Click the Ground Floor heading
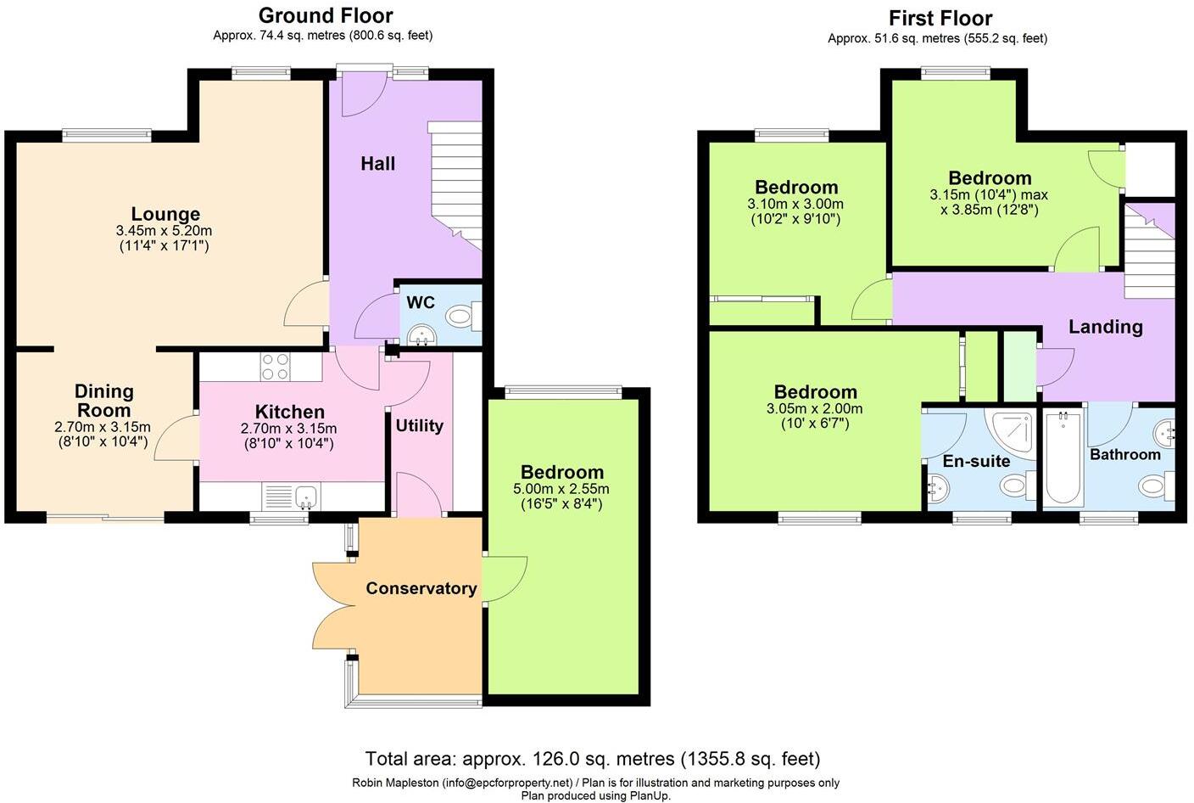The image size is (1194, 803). (x=326, y=15)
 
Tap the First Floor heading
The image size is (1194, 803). (x=940, y=18)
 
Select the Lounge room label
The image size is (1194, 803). (x=165, y=214)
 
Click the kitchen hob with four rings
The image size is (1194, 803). (x=275, y=367)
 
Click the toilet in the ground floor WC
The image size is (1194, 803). (x=461, y=317)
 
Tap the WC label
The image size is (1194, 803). (x=421, y=303)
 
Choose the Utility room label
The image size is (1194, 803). (x=419, y=426)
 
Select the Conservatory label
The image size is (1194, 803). (x=421, y=588)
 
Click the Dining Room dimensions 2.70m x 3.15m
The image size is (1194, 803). (x=103, y=427)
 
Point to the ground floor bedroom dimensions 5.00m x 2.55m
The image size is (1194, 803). (x=561, y=489)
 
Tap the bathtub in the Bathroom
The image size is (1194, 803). (x=1062, y=459)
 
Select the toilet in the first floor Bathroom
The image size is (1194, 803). (x=1153, y=486)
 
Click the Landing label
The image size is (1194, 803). (x=1105, y=327)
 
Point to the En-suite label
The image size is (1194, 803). (x=976, y=461)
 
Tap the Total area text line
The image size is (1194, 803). (x=592, y=758)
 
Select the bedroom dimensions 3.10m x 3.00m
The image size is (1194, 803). (x=795, y=205)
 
